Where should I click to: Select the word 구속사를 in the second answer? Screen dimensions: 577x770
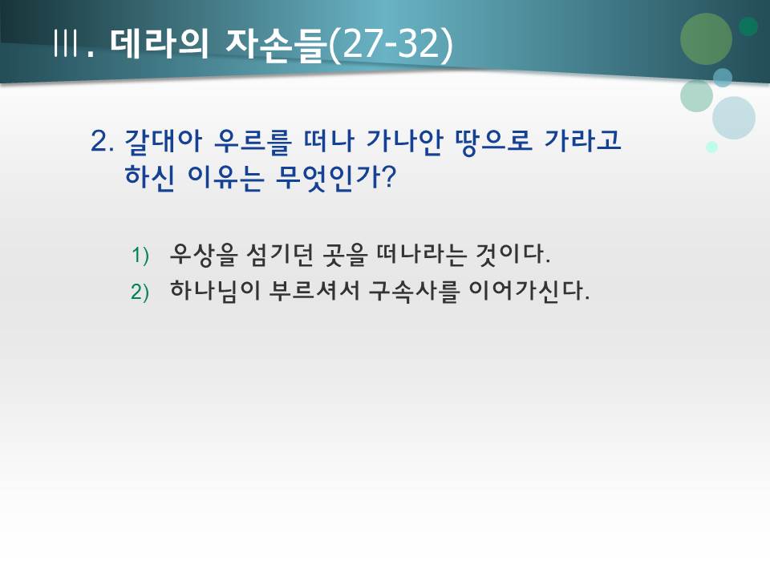pyautogui.click(x=403, y=290)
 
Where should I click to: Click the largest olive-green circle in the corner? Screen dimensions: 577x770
pyautogui.click(x=706, y=38)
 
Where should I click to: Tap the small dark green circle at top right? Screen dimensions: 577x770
pyautogui.click(x=748, y=26)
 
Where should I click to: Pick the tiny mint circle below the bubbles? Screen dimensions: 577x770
pyautogui.click(x=711, y=147)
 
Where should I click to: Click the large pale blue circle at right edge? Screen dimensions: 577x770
pyautogui.click(x=733, y=118)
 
